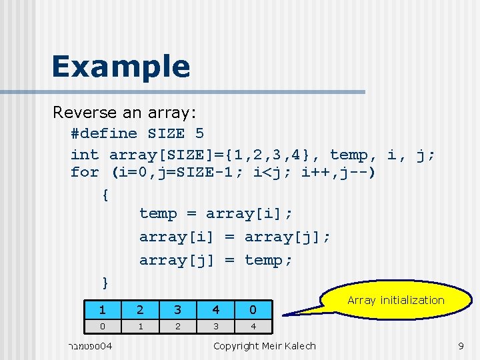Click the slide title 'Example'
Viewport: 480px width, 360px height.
[121, 67]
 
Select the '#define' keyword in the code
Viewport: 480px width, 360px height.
[103, 133]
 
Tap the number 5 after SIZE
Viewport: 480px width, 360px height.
[199, 133]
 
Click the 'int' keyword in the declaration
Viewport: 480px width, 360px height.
[85, 155]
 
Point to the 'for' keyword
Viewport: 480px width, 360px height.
[85, 173]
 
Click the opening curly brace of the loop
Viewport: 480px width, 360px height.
[105, 195]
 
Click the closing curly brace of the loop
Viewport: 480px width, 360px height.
[105, 282]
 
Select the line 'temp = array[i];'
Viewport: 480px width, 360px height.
[215, 214]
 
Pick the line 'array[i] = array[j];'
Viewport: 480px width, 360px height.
[235, 237]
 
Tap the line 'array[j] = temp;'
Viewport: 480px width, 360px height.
[215, 260]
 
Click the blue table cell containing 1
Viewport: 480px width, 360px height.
[102, 309]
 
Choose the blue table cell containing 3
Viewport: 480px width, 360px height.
[177, 309]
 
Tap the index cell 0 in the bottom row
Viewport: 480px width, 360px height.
[102, 327]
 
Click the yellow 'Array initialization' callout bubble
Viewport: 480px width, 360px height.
[396, 301]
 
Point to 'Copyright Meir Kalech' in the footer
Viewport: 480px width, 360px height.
[264, 345]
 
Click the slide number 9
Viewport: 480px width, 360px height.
[460, 345]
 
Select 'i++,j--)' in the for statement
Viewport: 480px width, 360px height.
[339, 173]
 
